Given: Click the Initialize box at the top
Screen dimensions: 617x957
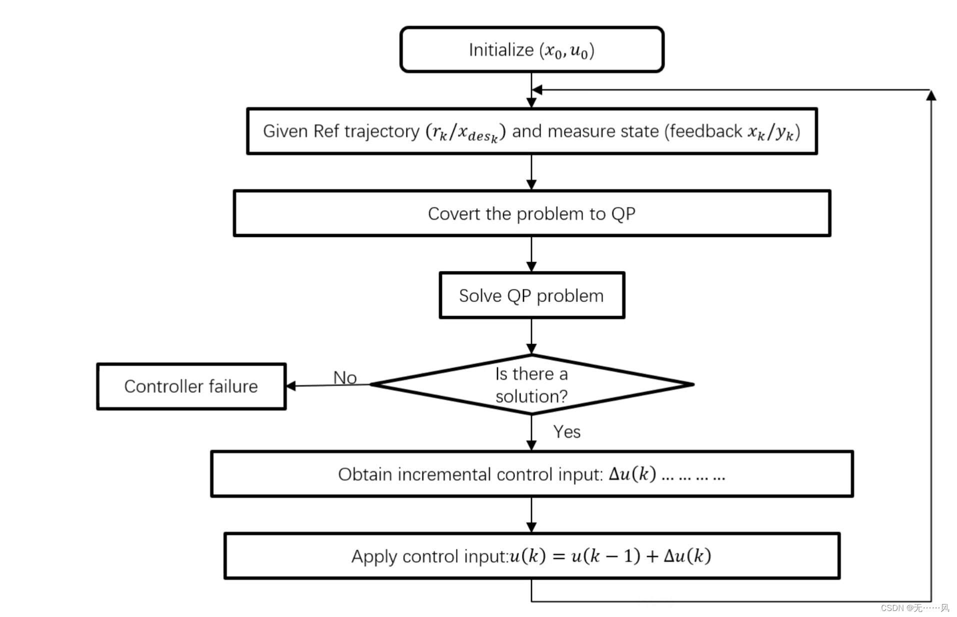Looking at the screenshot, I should (531, 50).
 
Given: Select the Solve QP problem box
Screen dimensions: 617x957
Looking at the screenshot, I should (531, 295).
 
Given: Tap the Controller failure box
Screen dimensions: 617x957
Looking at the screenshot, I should (191, 386).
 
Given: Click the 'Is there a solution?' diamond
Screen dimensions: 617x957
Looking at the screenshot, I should (531, 384).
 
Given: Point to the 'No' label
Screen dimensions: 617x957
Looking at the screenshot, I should (345, 377).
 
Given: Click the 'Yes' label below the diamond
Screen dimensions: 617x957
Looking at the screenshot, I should (566, 431).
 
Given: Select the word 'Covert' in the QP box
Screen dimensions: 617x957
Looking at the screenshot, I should (454, 214).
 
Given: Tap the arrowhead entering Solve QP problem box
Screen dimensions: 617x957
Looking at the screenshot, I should (531, 267).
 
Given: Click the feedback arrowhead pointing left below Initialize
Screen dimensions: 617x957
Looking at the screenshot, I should (537, 90).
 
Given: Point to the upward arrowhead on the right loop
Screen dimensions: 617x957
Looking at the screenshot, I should (930, 95).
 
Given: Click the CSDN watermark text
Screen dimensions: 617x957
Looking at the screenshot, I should (914, 607).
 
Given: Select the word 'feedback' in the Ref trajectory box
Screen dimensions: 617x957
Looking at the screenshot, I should (705, 131).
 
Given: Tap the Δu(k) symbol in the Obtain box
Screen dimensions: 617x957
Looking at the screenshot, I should (632, 473).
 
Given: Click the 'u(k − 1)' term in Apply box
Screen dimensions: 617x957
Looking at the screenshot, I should (605, 555).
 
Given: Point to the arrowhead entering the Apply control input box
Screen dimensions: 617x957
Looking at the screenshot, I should (531, 527).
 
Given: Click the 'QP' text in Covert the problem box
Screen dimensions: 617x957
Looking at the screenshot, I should (623, 214).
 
